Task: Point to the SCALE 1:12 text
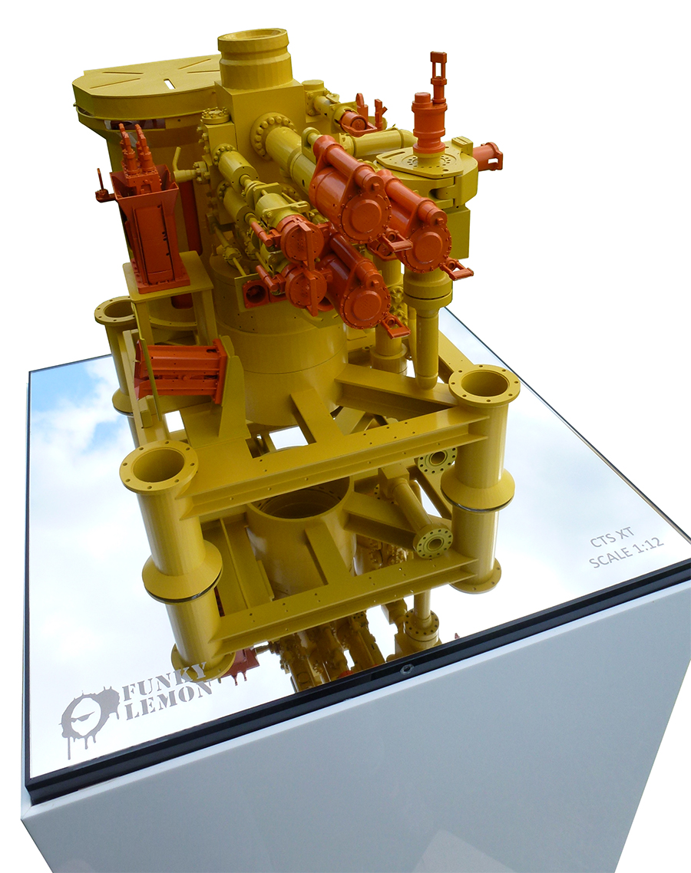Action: [626, 552]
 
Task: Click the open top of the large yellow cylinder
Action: [253, 43]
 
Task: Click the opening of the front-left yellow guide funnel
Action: [159, 466]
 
